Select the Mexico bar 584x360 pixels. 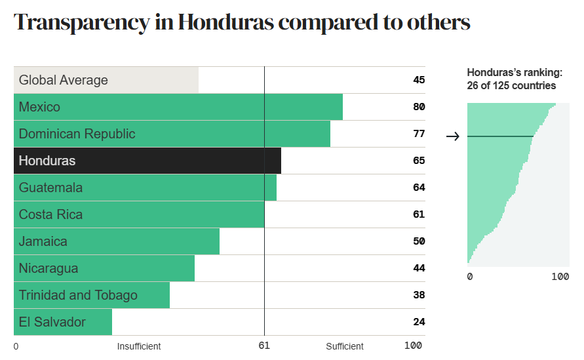tap(178, 107)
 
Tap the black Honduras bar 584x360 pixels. tap(147, 161)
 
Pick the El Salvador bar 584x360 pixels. tap(62, 322)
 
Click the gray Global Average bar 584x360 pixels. tap(106, 80)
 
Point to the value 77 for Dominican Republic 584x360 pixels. tap(419, 134)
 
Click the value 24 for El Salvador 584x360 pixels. tap(419, 322)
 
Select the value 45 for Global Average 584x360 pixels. tap(419, 80)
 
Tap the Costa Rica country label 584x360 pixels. tap(50, 214)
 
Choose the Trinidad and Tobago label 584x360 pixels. tap(78, 295)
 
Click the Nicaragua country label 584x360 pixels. tap(49, 268)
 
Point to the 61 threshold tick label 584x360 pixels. tap(264, 346)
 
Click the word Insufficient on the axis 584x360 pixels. tap(139, 346)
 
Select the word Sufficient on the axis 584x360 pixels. tap(345, 346)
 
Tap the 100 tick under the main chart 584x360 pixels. tap(413, 346)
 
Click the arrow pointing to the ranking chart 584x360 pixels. tap(452, 136)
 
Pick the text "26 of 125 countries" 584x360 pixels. tap(511, 86)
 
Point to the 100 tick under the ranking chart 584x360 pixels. tap(560, 277)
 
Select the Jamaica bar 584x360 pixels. tap(116, 241)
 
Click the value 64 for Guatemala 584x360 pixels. tap(419, 188)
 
